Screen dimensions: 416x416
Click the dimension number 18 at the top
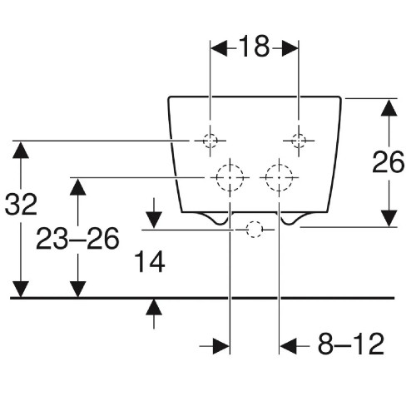pos(254,47)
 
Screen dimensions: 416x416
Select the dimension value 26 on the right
pos(389,162)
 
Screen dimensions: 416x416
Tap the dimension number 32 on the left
pos(21,205)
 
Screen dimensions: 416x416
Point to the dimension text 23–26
pos(77,238)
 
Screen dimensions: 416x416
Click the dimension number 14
pos(150,261)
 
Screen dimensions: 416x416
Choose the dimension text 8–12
pos(351,344)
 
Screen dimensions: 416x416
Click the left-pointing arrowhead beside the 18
pos(219,48)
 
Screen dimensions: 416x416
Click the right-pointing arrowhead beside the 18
pos(290,48)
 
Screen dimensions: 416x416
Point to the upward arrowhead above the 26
pos(389,107)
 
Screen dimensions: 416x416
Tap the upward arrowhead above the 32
pos(21,150)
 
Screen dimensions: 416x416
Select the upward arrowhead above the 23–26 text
pos(77,187)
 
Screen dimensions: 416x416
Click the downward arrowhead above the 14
pos(154,220)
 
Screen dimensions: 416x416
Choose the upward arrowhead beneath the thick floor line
pos(154,307)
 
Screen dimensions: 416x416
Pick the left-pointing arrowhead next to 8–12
pos(289,346)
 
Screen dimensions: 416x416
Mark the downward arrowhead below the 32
pos(21,289)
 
